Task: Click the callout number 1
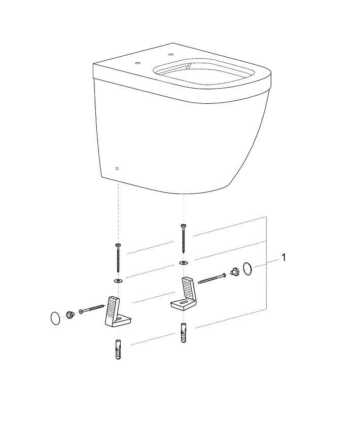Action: point(284,258)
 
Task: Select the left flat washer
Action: point(118,280)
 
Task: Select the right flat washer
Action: point(183,263)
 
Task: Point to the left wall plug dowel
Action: point(118,349)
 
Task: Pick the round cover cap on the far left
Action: point(53,318)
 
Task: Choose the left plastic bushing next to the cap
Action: point(69,316)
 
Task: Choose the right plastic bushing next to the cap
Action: point(235,271)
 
